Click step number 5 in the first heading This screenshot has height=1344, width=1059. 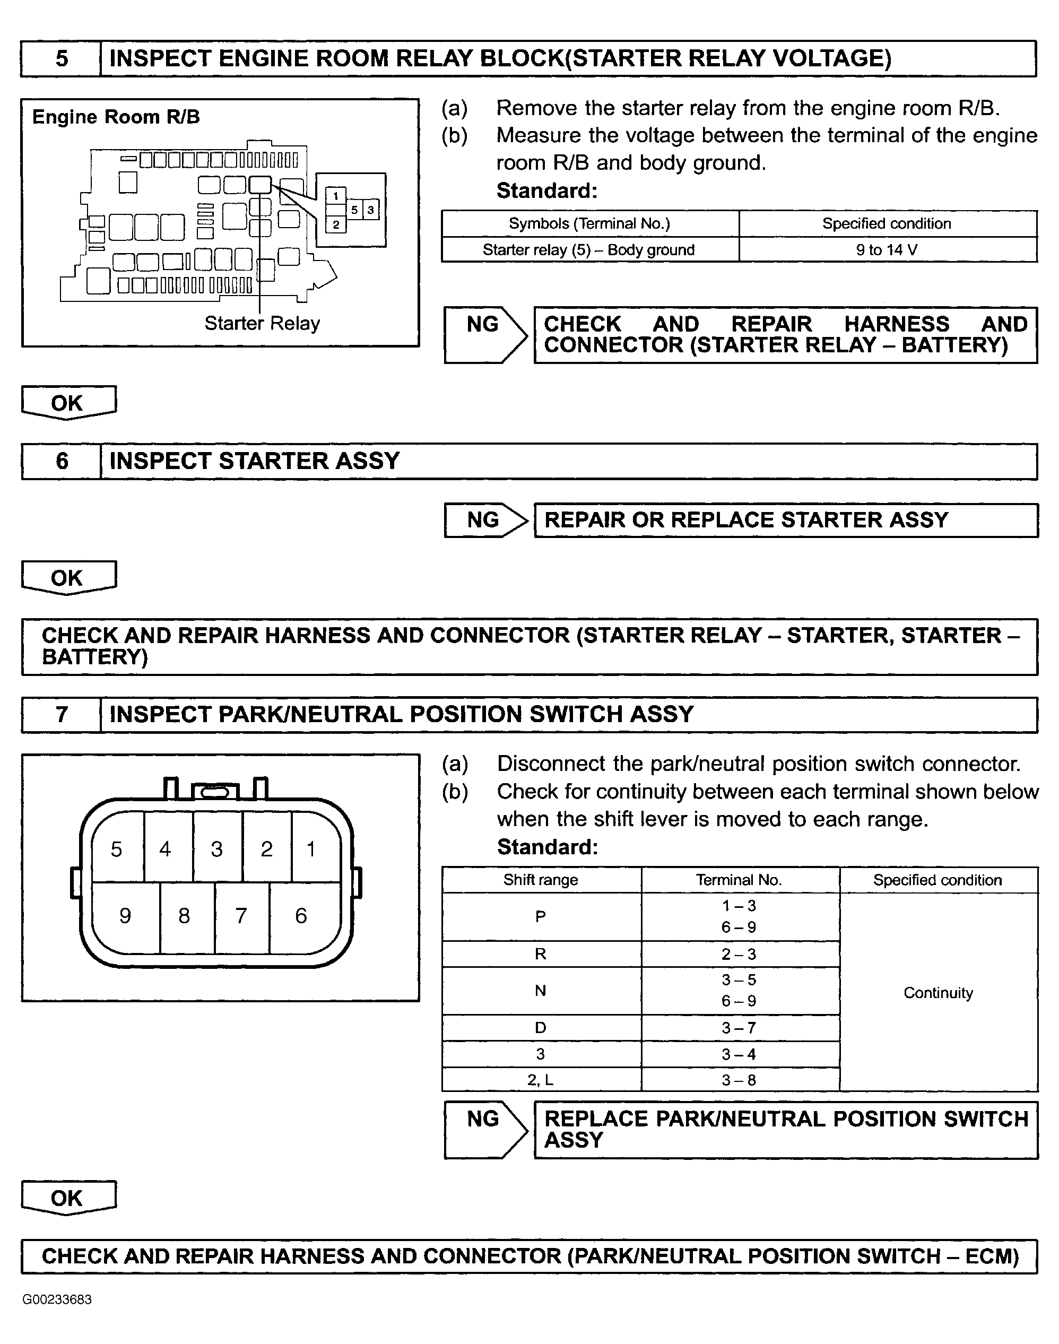(x=62, y=59)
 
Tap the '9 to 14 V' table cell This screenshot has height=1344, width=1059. (x=887, y=250)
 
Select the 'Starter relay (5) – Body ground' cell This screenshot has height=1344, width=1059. (x=588, y=250)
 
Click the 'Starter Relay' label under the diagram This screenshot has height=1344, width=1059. (x=262, y=324)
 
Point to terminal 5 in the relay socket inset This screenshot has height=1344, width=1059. (x=354, y=210)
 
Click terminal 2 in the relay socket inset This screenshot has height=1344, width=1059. (x=335, y=224)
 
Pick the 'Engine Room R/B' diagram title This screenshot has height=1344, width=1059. (x=116, y=117)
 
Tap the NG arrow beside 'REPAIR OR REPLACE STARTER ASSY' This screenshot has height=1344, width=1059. (x=485, y=520)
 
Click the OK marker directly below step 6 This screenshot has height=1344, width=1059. (x=67, y=578)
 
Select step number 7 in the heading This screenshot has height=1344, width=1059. (x=62, y=714)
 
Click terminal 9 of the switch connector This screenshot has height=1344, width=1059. (x=125, y=916)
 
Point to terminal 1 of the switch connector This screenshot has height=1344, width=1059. (x=311, y=848)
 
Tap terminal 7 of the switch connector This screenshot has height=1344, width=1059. (x=241, y=916)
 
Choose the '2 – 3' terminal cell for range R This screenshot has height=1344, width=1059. (x=739, y=954)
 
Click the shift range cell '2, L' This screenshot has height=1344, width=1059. (x=540, y=1080)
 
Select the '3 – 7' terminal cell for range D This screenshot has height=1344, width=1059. (x=739, y=1028)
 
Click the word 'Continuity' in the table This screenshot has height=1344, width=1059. (x=938, y=993)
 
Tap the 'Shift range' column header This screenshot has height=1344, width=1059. (x=540, y=880)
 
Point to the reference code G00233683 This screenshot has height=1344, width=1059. (x=57, y=1299)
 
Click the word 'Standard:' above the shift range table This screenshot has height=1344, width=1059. (x=548, y=847)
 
